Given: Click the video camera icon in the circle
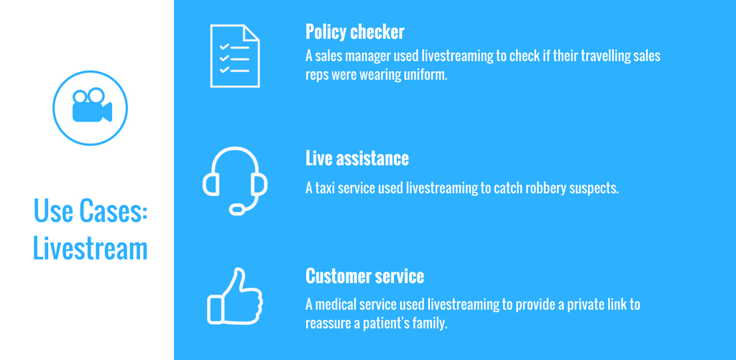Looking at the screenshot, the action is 92,106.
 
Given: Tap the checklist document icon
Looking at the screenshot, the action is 235,56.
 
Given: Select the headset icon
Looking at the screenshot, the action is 235,180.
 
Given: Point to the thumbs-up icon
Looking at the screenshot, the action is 235,296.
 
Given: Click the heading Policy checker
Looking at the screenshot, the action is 354,32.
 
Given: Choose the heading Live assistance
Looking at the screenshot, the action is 357,158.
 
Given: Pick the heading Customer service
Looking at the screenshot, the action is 364,275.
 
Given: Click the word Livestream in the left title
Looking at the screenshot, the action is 90,249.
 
